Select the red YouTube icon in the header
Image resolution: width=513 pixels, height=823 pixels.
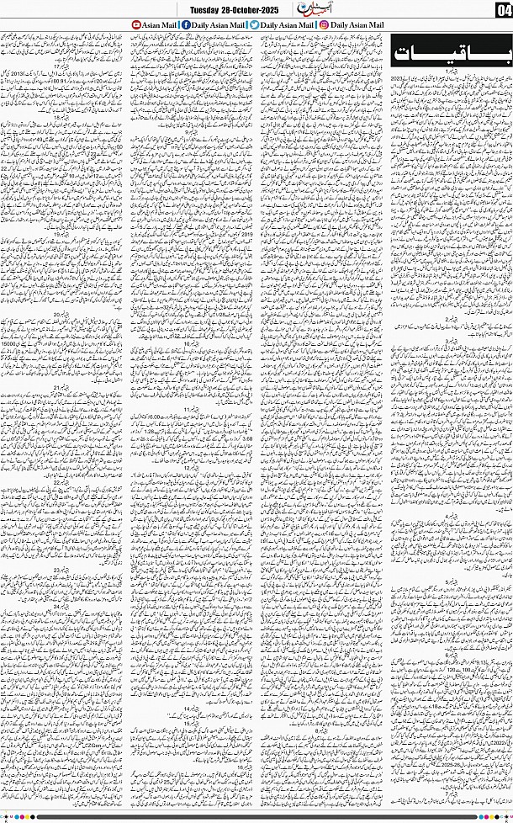[x=136, y=24]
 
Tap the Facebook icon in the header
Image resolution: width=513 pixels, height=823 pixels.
[x=185, y=24]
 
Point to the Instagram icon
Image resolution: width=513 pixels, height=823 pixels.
[x=323, y=24]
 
